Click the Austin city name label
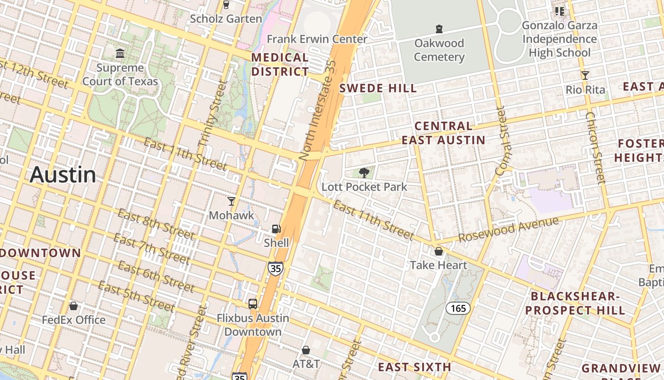tap(63, 175)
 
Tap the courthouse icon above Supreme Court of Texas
tap(120, 53)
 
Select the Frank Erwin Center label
tap(317, 39)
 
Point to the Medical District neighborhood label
tap(280, 65)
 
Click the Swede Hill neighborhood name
tap(378, 88)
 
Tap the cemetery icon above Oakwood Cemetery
tap(439, 29)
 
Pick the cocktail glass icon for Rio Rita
tap(585, 76)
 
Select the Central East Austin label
tap(443, 133)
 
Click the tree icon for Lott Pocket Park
tap(364, 173)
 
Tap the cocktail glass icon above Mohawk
tap(231, 201)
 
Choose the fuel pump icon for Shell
tap(277, 229)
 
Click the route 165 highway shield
tap(458, 308)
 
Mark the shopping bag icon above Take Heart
tap(439, 251)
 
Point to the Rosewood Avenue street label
tap(509, 229)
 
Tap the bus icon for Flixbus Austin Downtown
tap(253, 304)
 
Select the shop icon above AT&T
tap(306, 350)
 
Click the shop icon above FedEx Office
tap(74, 306)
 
